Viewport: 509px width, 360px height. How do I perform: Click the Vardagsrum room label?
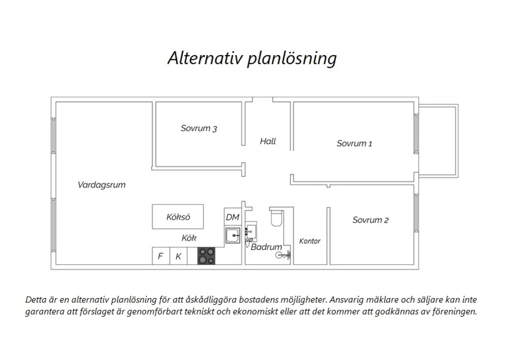coord(101,185)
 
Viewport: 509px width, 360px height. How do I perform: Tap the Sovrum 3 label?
coord(199,128)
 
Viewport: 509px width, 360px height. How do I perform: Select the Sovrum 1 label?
coord(354,144)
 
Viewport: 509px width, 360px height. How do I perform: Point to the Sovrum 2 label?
coord(371,220)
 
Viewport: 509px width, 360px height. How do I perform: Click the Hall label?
coord(268,141)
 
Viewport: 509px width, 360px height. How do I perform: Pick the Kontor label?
coord(310,241)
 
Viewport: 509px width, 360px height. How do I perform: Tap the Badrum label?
coord(266,247)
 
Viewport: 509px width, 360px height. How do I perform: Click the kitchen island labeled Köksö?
coord(178,216)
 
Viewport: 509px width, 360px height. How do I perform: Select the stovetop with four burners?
coord(206,256)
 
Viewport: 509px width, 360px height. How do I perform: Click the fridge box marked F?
coord(161,256)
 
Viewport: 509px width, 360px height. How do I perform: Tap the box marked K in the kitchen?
coord(178,256)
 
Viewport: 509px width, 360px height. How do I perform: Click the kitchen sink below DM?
coord(233,235)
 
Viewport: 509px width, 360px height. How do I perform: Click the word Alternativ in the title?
coord(205,58)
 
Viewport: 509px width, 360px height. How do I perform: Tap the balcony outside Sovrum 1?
coord(438,141)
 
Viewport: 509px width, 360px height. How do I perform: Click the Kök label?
coord(189,238)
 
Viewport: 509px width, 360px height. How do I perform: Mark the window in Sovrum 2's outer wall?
coord(416,213)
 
